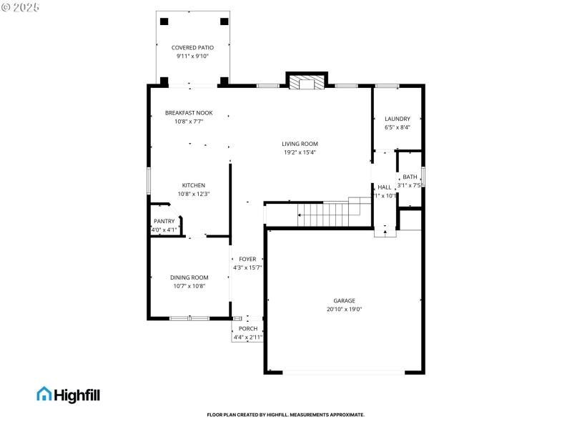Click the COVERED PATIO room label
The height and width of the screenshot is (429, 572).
[192, 48]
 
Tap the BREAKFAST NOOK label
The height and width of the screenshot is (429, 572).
[189, 113]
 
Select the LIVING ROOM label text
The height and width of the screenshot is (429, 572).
[300, 144]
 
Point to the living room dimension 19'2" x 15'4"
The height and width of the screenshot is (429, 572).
[300, 152]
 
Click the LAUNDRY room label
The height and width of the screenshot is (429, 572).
[398, 119]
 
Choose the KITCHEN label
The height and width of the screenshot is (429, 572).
[193, 185]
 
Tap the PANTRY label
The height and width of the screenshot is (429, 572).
[164, 221]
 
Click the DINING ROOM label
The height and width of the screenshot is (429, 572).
[189, 277]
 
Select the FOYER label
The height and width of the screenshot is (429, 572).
[247, 259]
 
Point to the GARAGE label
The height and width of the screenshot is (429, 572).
[344, 301]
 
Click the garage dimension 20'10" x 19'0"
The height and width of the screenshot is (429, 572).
[344, 310]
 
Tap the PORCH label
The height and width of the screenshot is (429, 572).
[248, 328]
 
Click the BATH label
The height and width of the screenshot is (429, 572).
[410, 177]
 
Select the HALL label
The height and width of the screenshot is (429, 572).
[385, 187]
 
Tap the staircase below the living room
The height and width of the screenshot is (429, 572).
[325, 213]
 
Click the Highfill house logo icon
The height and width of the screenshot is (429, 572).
[44, 393]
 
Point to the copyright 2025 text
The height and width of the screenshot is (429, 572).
[21, 6]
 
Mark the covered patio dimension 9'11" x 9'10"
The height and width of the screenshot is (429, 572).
[192, 56]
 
